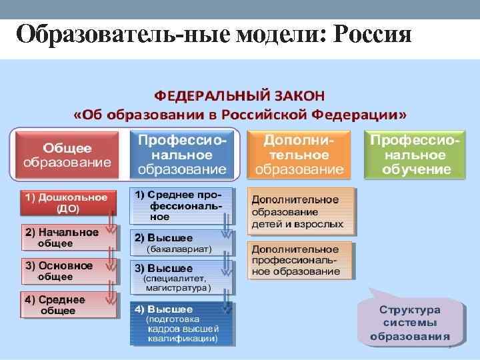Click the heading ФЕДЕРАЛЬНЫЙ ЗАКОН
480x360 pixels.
pyautogui.click(x=241, y=93)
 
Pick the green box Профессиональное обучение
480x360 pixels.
pyautogui.click(x=415, y=155)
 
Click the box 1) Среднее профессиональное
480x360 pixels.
pyautogui.click(x=181, y=205)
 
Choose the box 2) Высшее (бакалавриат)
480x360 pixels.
pyautogui.click(x=181, y=243)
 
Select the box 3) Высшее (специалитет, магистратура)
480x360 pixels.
pyautogui.click(x=181, y=277)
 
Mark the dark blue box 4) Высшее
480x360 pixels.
pyautogui.click(x=181, y=323)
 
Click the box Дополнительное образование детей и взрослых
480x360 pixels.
pyautogui.click(x=301, y=211)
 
